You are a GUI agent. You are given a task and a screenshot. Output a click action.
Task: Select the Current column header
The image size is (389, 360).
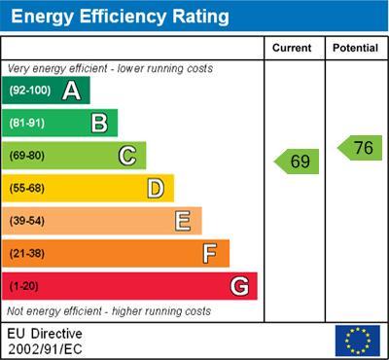[292, 48]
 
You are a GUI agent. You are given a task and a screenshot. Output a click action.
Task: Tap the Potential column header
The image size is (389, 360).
[355, 48]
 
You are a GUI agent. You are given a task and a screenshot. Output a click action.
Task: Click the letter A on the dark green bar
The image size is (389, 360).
[71, 90]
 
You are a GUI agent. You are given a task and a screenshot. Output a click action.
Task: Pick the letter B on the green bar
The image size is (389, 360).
[99, 123]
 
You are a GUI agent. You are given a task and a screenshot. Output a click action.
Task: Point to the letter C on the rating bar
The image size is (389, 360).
[127, 156]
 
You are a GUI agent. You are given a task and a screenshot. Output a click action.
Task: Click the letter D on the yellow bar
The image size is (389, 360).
[156, 188]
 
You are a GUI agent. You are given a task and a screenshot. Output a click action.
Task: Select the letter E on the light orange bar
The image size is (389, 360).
[183, 221]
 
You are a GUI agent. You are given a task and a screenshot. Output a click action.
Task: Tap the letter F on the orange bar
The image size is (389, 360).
[210, 253]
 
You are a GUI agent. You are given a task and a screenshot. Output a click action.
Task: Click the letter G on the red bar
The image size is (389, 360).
[239, 286]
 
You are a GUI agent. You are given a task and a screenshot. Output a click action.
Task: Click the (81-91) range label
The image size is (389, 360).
[26, 124]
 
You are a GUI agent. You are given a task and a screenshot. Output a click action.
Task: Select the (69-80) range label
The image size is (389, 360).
[26, 156]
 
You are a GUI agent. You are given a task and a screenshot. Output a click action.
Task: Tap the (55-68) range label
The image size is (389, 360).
[26, 189]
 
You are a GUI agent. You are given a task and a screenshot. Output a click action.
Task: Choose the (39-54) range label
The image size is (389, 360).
[26, 221]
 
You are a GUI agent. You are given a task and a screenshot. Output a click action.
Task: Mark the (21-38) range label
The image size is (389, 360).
[26, 254]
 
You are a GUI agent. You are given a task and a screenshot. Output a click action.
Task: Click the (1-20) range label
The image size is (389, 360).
[23, 286]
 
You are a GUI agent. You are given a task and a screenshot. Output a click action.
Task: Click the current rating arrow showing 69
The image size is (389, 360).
[297, 162]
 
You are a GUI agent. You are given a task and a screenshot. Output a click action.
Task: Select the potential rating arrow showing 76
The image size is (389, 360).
[360, 148]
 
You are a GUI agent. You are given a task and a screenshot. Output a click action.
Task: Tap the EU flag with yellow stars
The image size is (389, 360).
[357, 340]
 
